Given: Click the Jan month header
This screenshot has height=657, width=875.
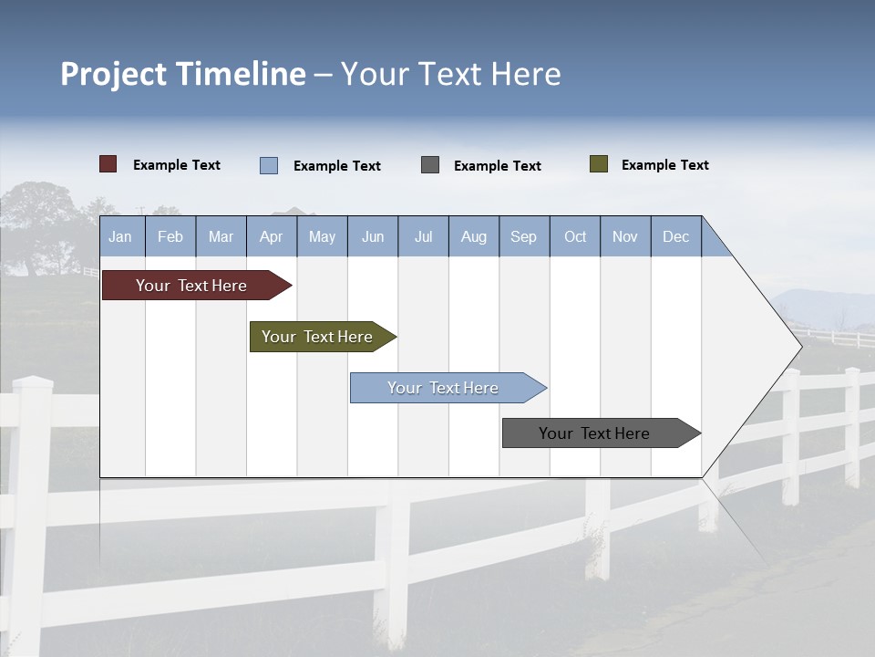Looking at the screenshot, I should point(120,236).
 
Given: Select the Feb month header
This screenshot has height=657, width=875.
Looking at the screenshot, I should point(170,236).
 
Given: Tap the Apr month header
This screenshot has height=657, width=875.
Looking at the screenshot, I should point(271,236).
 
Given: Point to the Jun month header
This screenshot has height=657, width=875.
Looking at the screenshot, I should point(373,236).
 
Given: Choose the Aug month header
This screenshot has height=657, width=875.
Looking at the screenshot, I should point(473,236).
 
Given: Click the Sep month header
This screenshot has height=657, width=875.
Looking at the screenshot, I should point(523,236).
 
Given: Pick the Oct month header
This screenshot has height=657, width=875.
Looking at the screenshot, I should point(575,236).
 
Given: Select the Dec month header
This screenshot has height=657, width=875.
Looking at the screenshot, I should point(675,236).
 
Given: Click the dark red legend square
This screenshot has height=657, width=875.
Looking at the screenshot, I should point(108,164).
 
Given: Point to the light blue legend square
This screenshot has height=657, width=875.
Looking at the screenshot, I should point(269,165).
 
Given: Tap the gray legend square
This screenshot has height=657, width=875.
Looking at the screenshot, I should point(430,165).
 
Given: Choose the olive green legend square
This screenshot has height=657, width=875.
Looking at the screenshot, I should point(599,164).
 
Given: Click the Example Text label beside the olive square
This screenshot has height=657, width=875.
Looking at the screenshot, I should point(664,165).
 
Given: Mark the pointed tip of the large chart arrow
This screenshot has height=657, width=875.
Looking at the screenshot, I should point(800,346).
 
